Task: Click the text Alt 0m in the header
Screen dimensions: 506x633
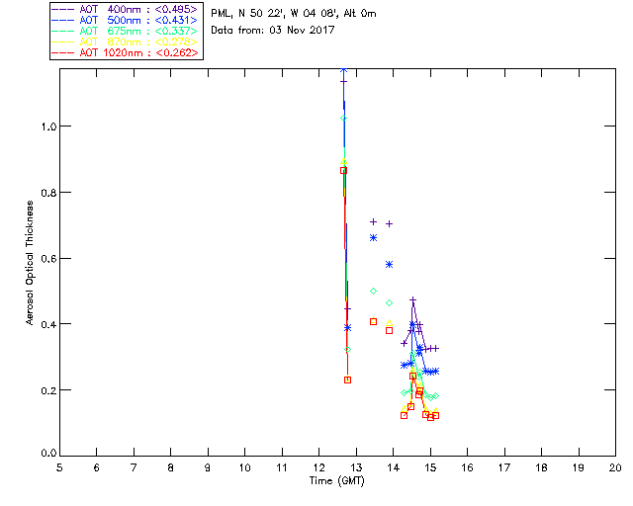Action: [358, 13]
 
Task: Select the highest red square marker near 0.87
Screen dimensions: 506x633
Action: [343, 170]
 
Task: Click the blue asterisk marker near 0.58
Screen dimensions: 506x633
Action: [390, 264]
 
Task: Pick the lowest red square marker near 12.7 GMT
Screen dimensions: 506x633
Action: [347, 379]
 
